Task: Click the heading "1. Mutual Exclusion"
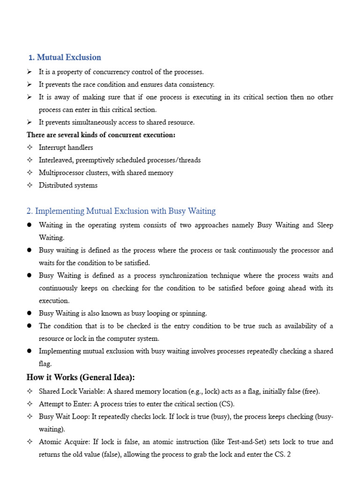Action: click(65, 58)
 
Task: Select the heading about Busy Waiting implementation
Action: click(126, 211)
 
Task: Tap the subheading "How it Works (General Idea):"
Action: click(81, 378)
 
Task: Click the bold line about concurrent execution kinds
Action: click(101, 135)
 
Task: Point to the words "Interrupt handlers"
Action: click(66, 148)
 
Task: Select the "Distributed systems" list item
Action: click(68, 185)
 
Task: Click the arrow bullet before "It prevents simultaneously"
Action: click(30, 122)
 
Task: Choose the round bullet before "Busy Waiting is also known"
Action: click(30, 313)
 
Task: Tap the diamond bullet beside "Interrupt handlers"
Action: click(30, 148)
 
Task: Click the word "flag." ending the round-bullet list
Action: click(45, 363)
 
